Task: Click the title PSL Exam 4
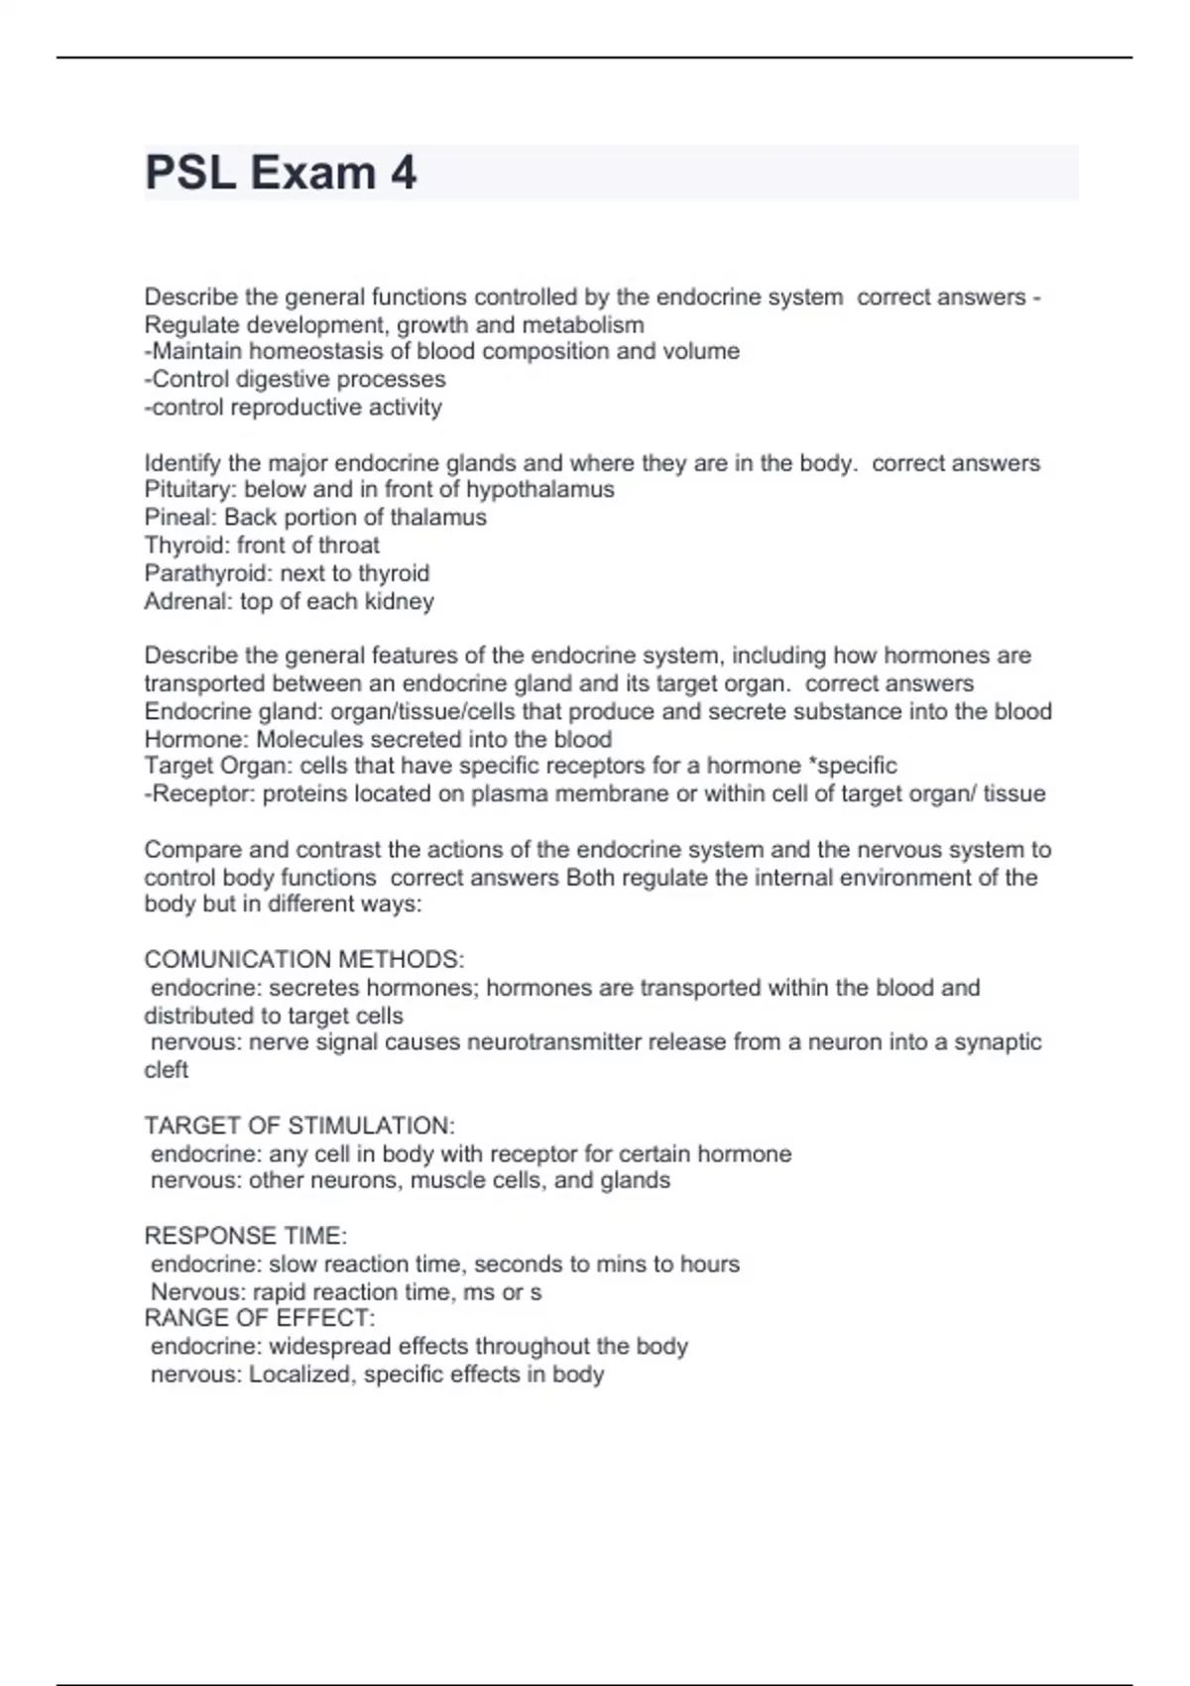point(281,173)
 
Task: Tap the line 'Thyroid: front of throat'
point(262,545)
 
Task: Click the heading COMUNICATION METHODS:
point(303,960)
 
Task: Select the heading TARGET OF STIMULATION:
point(299,1126)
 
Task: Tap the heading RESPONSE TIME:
point(245,1236)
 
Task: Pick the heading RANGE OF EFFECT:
point(260,1318)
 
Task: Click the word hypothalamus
point(539,490)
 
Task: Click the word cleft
point(166,1070)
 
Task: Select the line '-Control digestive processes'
point(295,379)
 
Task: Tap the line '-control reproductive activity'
point(293,407)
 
